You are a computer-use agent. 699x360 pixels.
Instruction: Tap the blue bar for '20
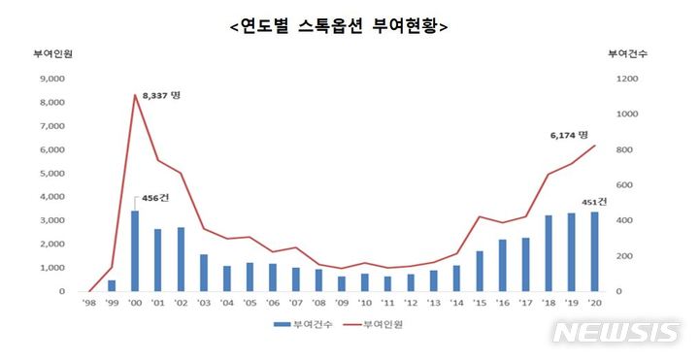point(594,251)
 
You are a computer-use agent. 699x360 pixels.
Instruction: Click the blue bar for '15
point(479,271)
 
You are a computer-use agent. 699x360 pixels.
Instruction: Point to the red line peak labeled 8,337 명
point(134,95)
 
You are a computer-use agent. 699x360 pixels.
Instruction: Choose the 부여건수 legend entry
point(305,325)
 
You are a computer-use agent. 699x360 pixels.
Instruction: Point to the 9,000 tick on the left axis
point(50,80)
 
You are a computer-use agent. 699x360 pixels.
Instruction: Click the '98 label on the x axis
point(88,303)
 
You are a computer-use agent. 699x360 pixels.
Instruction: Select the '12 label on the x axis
point(410,303)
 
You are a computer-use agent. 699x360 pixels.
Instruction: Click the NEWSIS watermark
point(616,332)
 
